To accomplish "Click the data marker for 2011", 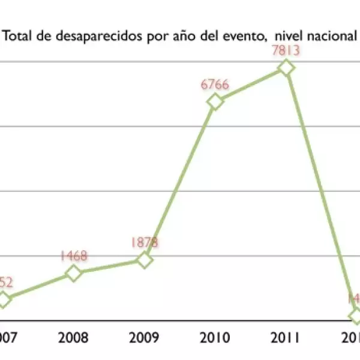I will tap(286, 68).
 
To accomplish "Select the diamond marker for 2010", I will tap(215, 101).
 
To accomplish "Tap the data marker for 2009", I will tap(144, 260).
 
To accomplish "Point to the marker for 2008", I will tap(73, 274).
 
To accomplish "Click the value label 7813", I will tap(286, 51).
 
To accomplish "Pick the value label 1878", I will tap(144, 242).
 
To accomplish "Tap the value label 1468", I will tap(73, 256).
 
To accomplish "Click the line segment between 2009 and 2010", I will tap(179, 181).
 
